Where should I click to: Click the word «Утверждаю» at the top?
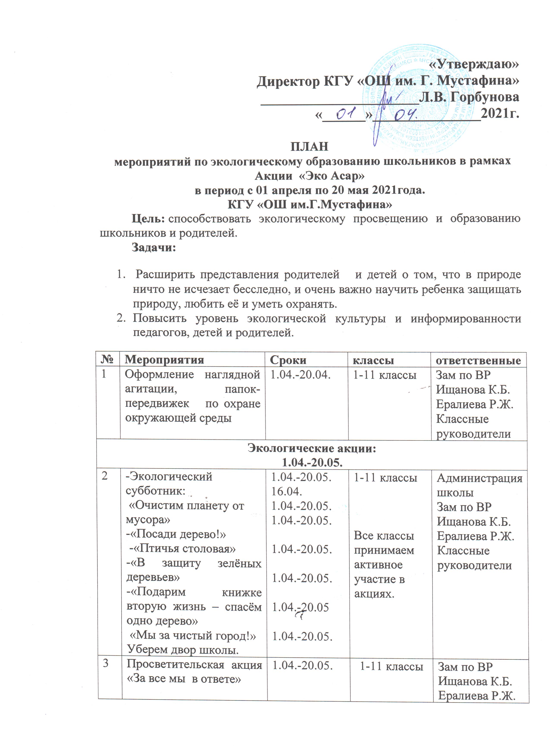coord(473,65)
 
